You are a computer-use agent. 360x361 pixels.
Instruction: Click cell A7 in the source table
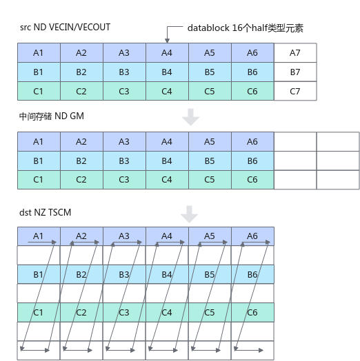(295, 53)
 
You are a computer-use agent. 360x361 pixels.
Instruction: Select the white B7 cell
(295, 72)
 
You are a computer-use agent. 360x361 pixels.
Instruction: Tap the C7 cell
(295, 91)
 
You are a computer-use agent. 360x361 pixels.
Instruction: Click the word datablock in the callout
(208, 28)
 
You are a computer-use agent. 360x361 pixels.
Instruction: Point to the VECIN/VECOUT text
(80, 27)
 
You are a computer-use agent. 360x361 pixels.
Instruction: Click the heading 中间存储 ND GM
(52, 116)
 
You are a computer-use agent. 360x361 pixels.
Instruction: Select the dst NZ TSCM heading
(46, 212)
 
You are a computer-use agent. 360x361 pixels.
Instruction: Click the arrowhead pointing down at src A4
(168, 41)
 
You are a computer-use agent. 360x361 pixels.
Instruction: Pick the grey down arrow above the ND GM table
(190, 117)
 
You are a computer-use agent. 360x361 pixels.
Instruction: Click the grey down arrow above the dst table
(189, 214)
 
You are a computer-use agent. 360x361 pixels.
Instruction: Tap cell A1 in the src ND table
(39, 53)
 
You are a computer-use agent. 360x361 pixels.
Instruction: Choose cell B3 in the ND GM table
(124, 161)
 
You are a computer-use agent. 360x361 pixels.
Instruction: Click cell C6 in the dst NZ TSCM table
(253, 312)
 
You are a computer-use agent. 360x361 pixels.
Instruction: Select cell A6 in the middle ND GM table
(253, 142)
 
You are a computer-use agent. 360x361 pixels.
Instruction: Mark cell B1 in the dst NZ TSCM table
(39, 274)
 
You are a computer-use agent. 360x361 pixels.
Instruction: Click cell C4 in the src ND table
(168, 91)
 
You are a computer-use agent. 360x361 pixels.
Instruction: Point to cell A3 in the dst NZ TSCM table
(124, 236)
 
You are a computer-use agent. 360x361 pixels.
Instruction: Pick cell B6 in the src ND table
(253, 72)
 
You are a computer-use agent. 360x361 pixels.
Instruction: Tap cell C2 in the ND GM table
(82, 180)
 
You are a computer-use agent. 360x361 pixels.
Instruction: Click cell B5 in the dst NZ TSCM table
(210, 274)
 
